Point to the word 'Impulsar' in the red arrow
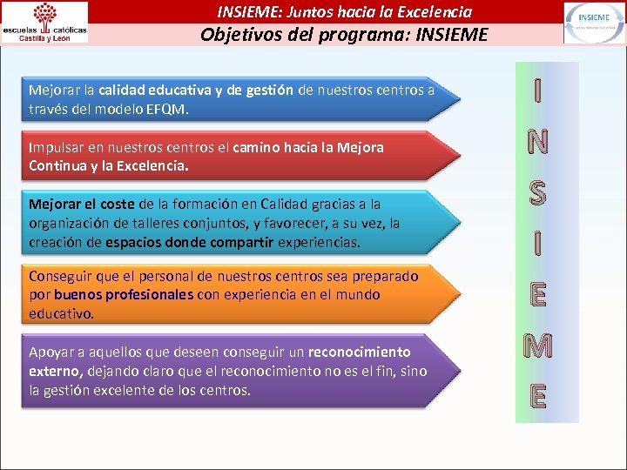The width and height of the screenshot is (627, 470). [x=54, y=147]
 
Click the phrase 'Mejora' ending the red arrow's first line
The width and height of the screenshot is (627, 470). [x=361, y=147]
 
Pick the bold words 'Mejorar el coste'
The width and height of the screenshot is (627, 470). [x=82, y=204]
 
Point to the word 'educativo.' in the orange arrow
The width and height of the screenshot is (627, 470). [x=62, y=312]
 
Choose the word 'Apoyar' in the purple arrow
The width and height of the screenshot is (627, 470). [x=50, y=352]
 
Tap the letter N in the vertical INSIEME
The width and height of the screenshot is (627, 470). [x=538, y=141]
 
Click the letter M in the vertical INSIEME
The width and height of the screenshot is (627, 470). [x=538, y=346]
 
